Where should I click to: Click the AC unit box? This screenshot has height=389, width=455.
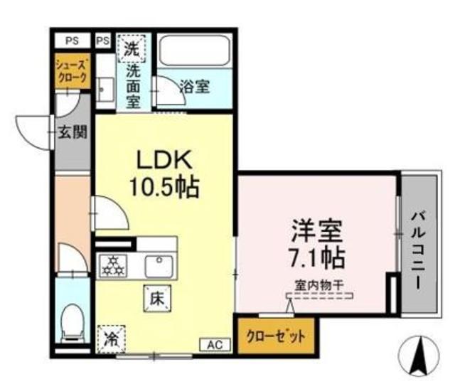[x=215, y=345]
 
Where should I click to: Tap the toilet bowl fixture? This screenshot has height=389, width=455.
[x=73, y=324]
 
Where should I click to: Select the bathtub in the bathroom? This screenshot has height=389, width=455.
[x=195, y=50]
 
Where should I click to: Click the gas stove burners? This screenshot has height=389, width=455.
[x=114, y=266]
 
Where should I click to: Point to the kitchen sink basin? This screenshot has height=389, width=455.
[x=159, y=267]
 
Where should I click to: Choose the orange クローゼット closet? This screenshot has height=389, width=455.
[x=276, y=336]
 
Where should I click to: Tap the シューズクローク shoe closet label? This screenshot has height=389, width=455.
[x=72, y=71]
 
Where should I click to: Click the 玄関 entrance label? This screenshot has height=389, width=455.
[x=73, y=132]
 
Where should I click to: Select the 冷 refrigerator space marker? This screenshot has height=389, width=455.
[x=112, y=339]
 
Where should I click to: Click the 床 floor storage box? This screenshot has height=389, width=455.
[x=157, y=299]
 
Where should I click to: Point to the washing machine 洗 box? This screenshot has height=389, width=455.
[x=131, y=48]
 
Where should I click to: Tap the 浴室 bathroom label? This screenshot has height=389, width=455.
[x=194, y=86]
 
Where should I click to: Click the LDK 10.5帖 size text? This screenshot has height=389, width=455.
[x=164, y=174]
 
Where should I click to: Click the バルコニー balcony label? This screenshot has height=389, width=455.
[x=418, y=250]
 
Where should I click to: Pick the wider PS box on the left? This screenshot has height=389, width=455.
[x=72, y=41]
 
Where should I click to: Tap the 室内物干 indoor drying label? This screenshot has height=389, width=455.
[x=319, y=286]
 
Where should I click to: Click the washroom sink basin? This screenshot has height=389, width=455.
[x=105, y=90]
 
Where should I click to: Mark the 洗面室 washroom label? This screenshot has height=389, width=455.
[x=133, y=87]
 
